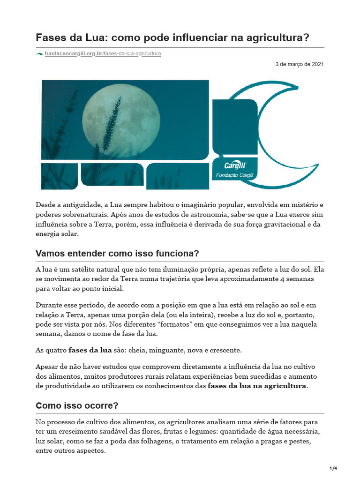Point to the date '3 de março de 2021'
[x=299, y=64]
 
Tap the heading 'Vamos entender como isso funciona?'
[x=117, y=254]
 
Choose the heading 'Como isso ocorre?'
[x=77, y=406]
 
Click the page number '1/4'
[x=333, y=468]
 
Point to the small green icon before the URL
[x=39, y=54]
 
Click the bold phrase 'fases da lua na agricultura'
[x=257, y=386]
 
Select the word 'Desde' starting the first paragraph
[x=45, y=205]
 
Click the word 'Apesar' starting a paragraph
[x=46, y=366]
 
